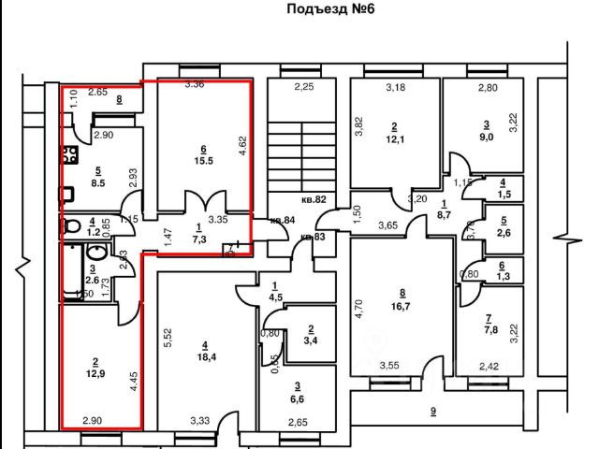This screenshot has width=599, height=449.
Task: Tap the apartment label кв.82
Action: click(313, 199)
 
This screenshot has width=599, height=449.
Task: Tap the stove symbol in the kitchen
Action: click(68, 155)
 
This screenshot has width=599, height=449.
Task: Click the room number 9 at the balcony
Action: click(432, 412)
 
